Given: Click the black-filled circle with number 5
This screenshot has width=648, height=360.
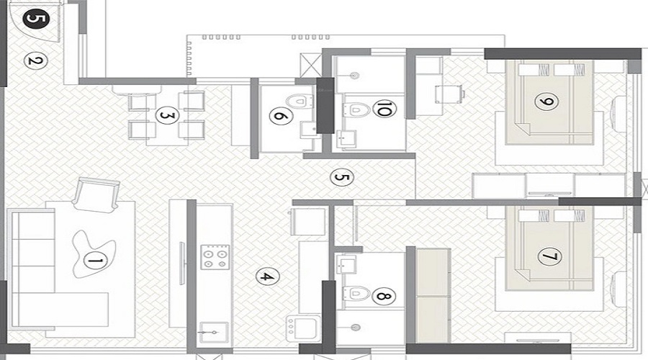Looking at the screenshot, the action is (37, 19).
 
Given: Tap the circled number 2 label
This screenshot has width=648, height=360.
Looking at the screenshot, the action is (35, 61).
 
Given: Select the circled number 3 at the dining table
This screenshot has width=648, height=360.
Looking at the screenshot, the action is (167, 115).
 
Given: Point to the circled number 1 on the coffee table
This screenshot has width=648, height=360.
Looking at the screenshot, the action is (95, 261).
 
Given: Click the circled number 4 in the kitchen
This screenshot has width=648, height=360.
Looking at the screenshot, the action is (267, 276).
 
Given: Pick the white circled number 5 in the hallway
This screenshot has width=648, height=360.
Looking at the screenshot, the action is (342, 178).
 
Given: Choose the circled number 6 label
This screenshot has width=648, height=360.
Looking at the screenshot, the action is (281, 116).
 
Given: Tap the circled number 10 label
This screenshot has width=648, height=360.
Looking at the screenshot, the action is (384, 109).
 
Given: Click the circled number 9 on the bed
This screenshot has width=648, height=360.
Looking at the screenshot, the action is (546, 102).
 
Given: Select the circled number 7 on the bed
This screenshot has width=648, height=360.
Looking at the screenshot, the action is (550, 256).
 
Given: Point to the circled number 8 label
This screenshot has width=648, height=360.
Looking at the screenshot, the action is (384, 296).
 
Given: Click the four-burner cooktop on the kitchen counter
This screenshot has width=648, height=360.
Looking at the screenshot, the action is (215, 257).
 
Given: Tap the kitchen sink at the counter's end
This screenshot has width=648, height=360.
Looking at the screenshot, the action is (213, 331).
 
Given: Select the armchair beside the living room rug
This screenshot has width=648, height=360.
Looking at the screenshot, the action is (96, 194).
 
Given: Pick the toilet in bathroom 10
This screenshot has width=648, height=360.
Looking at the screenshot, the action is (356, 109).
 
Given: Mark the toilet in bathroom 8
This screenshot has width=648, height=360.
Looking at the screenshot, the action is (356, 294).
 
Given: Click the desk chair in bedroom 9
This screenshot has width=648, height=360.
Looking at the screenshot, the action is (449, 94).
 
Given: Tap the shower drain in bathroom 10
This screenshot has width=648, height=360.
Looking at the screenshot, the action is (354, 76).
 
